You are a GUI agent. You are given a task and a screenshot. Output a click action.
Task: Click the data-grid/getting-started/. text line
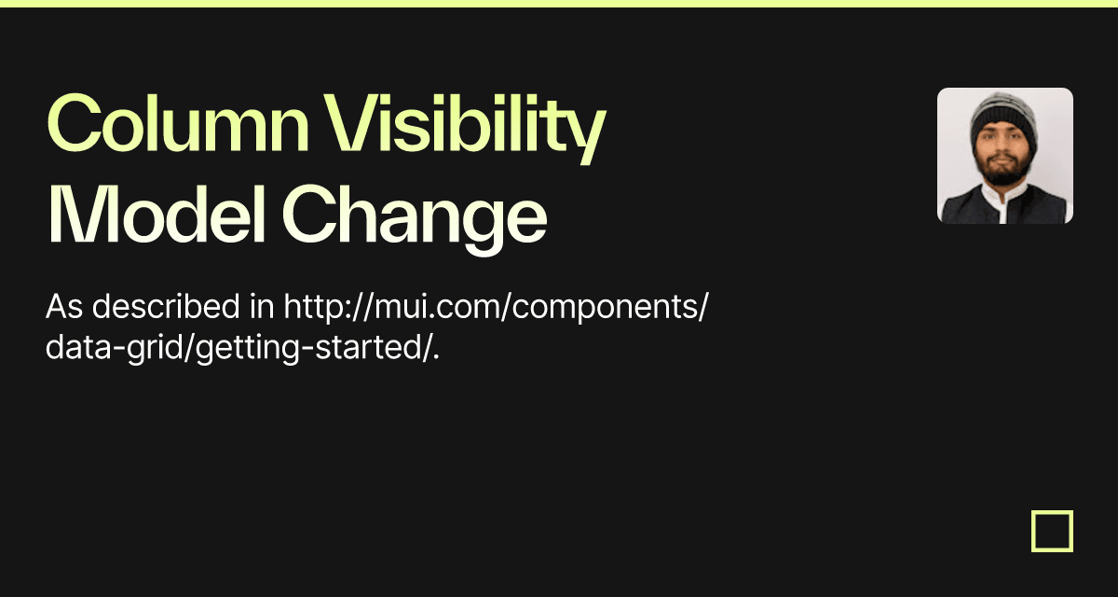click(x=242, y=350)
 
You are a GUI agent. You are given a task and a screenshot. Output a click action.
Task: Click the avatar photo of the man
click(x=1004, y=156)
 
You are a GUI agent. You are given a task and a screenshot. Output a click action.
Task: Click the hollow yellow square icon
click(x=1052, y=531)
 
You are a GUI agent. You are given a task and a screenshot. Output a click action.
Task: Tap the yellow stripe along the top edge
click(x=559, y=3)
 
